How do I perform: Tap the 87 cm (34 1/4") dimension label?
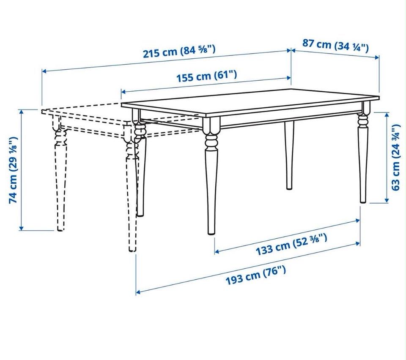point(335,46)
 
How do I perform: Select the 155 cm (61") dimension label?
point(206,76)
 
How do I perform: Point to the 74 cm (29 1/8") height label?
point(13,170)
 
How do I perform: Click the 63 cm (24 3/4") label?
point(395,157)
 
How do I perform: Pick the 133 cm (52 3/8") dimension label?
point(291,244)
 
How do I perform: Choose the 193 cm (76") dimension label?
point(256,275)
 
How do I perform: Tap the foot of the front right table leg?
point(363,201)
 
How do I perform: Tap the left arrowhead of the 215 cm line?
point(44,71)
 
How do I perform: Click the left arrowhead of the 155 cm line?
point(123,92)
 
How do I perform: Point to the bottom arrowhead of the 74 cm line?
point(22,228)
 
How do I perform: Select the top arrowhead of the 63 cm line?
point(387,114)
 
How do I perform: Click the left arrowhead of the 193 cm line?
point(138,292)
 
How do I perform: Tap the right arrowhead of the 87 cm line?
point(377,57)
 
